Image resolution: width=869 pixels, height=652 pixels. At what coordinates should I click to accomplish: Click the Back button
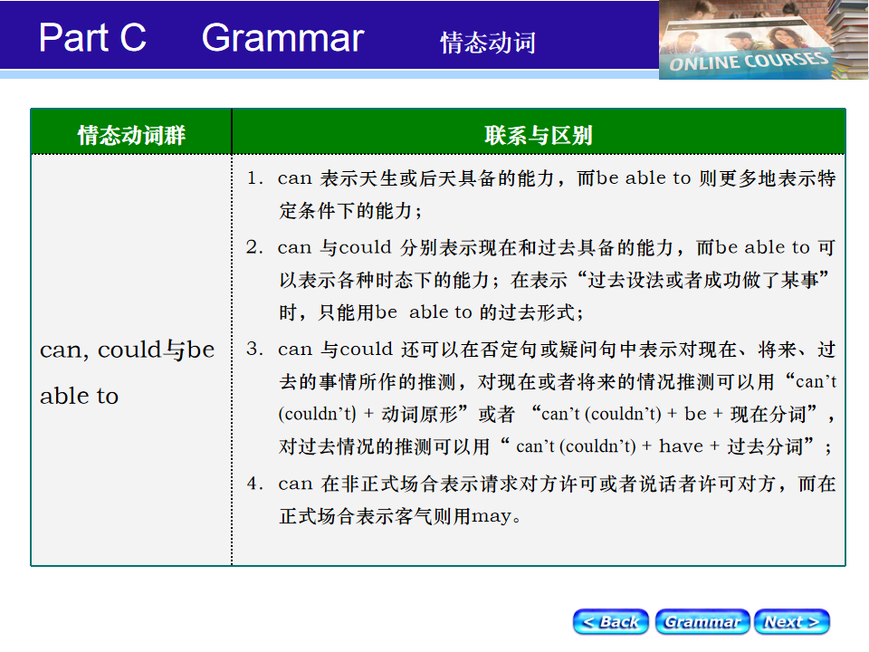click(611, 621)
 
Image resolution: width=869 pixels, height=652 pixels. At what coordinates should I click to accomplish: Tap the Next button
click(792, 621)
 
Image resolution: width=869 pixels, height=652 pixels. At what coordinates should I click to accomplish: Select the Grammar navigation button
click(702, 621)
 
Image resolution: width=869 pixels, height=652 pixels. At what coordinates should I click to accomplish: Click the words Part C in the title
click(92, 38)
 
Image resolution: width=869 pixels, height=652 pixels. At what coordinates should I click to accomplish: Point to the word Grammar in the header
click(282, 39)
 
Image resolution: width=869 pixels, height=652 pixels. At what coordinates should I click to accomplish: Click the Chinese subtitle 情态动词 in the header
click(488, 43)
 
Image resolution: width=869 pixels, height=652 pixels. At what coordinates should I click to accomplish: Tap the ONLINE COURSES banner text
click(749, 61)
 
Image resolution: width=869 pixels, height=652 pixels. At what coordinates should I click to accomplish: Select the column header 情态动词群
click(131, 135)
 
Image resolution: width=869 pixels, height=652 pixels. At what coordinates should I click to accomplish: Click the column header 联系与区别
click(538, 135)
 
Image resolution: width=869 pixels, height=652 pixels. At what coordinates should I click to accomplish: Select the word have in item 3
click(681, 446)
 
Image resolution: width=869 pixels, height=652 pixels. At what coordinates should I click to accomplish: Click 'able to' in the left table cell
click(80, 396)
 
